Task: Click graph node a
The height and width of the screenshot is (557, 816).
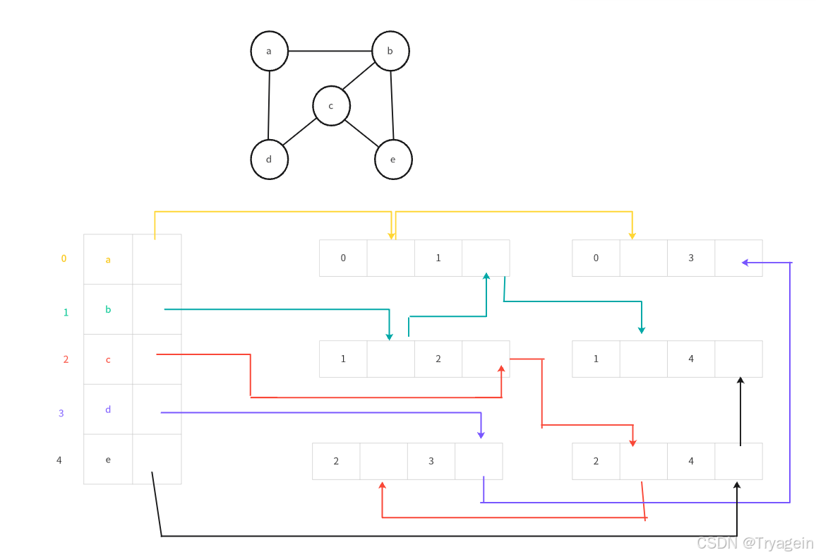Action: (269, 51)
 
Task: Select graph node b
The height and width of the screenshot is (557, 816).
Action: (390, 51)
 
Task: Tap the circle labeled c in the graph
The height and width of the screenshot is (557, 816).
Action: (331, 106)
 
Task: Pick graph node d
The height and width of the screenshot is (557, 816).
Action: (269, 160)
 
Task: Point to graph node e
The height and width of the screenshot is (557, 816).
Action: (393, 160)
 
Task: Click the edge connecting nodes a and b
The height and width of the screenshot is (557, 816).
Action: (330, 51)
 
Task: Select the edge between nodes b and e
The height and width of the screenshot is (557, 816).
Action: (392, 105)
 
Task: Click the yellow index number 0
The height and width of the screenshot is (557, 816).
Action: (64, 258)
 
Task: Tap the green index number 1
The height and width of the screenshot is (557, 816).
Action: (66, 312)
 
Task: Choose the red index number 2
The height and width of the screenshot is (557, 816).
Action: (66, 359)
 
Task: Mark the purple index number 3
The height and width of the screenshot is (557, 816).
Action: (61, 414)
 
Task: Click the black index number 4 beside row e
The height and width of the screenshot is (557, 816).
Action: (59, 460)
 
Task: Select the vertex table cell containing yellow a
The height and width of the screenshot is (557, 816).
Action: (108, 260)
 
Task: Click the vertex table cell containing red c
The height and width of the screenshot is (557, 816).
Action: (108, 360)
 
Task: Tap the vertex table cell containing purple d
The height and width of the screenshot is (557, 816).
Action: (108, 409)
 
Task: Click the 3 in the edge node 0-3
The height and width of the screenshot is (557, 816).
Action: (691, 258)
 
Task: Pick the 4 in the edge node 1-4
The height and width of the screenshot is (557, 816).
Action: (691, 359)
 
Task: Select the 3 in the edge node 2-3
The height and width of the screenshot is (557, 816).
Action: (431, 462)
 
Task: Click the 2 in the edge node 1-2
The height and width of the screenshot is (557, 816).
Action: (438, 359)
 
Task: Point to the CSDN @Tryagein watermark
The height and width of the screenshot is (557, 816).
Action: (755, 543)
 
